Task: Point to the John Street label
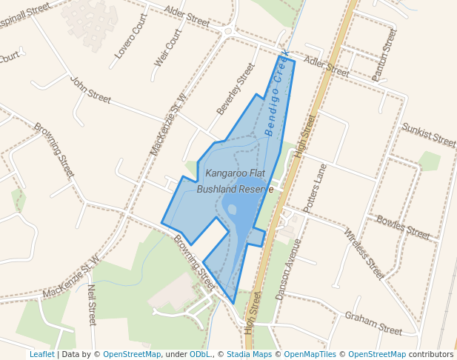pos(90,89)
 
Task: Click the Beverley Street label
pos(235,88)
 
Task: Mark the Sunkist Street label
pos(428,135)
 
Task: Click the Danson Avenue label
pos(288,268)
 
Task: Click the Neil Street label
pos(91,304)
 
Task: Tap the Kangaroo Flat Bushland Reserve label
pos(235,181)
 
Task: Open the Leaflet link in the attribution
pos(41,354)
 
